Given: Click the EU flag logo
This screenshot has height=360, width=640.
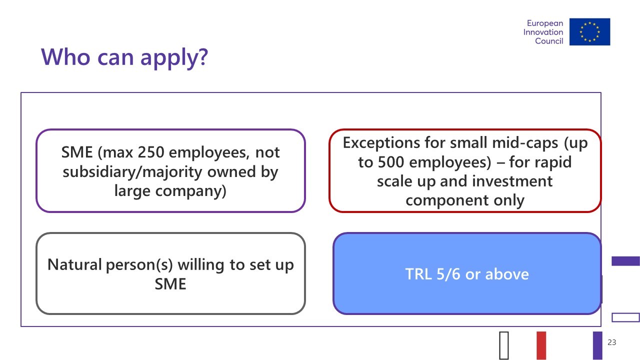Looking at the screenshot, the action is [589, 31].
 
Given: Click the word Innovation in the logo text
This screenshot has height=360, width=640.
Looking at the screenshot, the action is [543, 32].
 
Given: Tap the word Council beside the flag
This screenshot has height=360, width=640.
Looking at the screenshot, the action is [549, 41].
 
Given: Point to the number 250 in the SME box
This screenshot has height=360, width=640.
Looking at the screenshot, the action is [151, 152].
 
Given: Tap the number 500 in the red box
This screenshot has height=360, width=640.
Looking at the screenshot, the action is [391, 162].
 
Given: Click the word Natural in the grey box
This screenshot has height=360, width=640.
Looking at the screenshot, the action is [74, 264].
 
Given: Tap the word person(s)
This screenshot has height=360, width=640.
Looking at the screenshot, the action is [139, 265].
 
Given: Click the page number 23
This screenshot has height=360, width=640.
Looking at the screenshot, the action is [611, 342].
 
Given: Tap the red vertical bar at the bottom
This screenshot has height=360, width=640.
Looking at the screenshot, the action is [541, 345].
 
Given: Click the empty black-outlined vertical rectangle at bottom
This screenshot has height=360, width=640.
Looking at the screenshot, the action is [504, 345].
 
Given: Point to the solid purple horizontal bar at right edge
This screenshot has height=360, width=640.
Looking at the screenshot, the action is [625, 261].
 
